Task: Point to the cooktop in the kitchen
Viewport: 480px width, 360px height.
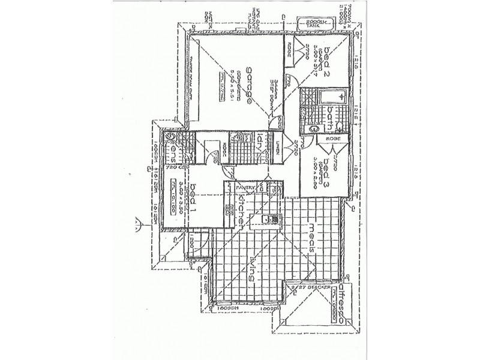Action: [x=229, y=208]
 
